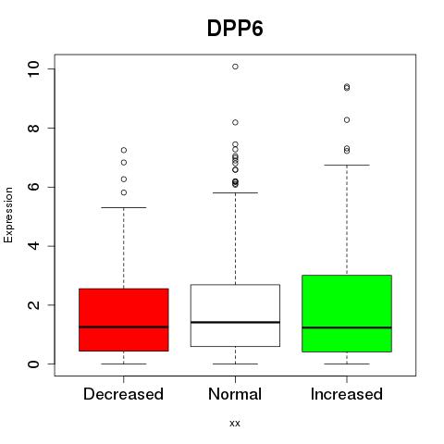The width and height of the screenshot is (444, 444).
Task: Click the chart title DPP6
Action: pyautogui.click(x=235, y=29)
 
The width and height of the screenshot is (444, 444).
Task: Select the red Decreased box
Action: pyautogui.click(x=124, y=320)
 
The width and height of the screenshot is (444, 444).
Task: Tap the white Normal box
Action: pyautogui.click(x=235, y=315)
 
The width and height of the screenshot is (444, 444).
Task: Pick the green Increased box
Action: pyautogui.click(x=347, y=314)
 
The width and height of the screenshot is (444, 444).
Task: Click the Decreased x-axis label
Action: pyautogui.click(x=123, y=394)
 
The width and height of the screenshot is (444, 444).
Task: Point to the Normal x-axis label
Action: pyautogui.click(x=235, y=394)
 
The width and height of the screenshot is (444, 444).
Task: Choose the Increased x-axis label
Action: pyautogui.click(x=347, y=394)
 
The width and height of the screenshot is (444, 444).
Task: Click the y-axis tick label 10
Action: pyautogui.click(x=33, y=68)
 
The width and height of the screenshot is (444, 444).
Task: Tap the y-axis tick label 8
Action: pyautogui.click(x=33, y=128)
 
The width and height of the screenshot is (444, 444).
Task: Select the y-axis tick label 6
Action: pyautogui.click(x=33, y=187)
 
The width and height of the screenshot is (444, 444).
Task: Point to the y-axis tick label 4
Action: pyautogui.click(x=33, y=246)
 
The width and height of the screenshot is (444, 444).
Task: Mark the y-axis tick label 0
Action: pyautogui.click(x=33, y=364)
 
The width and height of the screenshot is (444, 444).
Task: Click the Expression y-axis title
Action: pyautogui.click(x=8, y=215)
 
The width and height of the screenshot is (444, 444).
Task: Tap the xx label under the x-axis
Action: pyautogui.click(x=235, y=423)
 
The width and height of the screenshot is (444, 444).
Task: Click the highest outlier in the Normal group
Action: pyautogui.click(x=235, y=67)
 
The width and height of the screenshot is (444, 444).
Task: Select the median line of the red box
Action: pyautogui.click(x=124, y=327)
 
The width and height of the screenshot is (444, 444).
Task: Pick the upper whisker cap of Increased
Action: pyautogui.click(x=347, y=165)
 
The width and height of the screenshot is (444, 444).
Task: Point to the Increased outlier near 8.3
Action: pyautogui.click(x=347, y=120)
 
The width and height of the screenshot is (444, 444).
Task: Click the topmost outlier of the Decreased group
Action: pyautogui.click(x=124, y=150)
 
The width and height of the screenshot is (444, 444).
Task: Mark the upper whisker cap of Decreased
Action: pyautogui.click(x=124, y=207)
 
